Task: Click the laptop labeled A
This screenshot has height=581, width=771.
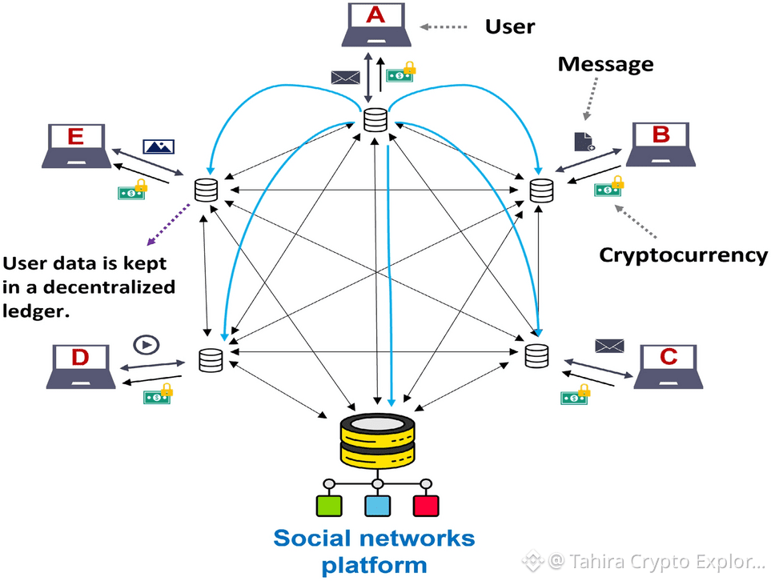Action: coord(375,27)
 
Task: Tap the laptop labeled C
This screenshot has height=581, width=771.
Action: coord(670,367)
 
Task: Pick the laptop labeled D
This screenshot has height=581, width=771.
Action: coord(80,367)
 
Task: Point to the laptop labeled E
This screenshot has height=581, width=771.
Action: coord(75,146)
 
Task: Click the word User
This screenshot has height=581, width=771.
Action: coord(510,27)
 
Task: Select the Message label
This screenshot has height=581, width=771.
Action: coord(605,65)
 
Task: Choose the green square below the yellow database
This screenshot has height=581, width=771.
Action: coord(329,506)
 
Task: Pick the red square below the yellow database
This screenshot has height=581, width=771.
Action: coord(426,506)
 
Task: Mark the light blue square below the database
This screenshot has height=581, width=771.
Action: coord(377,506)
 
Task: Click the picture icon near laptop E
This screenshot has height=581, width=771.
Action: coord(159,146)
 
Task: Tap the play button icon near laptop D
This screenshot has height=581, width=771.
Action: coord(147,344)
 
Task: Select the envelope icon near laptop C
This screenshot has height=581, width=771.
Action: coord(609,346)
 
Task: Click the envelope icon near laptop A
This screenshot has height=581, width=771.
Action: coord(346,77)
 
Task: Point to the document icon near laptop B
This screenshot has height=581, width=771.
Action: coord(584,142)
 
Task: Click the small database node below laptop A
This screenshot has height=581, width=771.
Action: coord(375,120)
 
